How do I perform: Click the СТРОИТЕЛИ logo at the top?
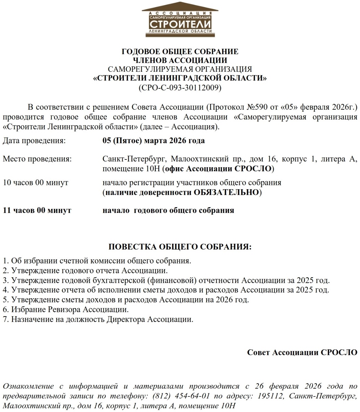point(180,22)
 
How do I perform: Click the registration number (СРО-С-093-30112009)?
point(180,88)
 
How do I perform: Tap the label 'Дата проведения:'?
point(34,140)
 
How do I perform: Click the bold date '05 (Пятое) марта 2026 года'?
point(154,140)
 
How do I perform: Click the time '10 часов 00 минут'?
point(36,183)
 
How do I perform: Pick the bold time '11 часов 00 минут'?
point(37,210)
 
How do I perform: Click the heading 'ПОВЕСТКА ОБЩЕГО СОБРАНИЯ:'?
point(180,247)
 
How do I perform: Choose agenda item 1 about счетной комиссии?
point(97,261)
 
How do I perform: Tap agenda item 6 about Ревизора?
point(65,309)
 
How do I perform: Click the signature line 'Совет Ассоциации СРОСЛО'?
point(302,352)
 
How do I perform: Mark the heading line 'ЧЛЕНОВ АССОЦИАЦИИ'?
point(180,61)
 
